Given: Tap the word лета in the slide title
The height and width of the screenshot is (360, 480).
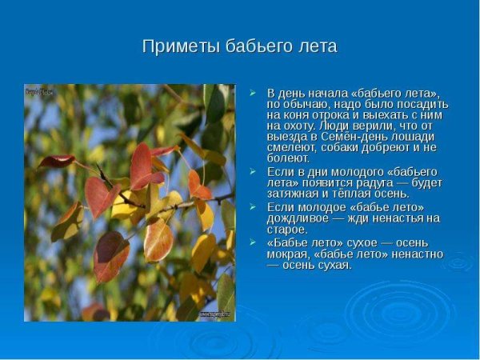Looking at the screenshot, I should coord(315,46).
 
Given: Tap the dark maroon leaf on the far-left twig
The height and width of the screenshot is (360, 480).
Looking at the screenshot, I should coord(58,161).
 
